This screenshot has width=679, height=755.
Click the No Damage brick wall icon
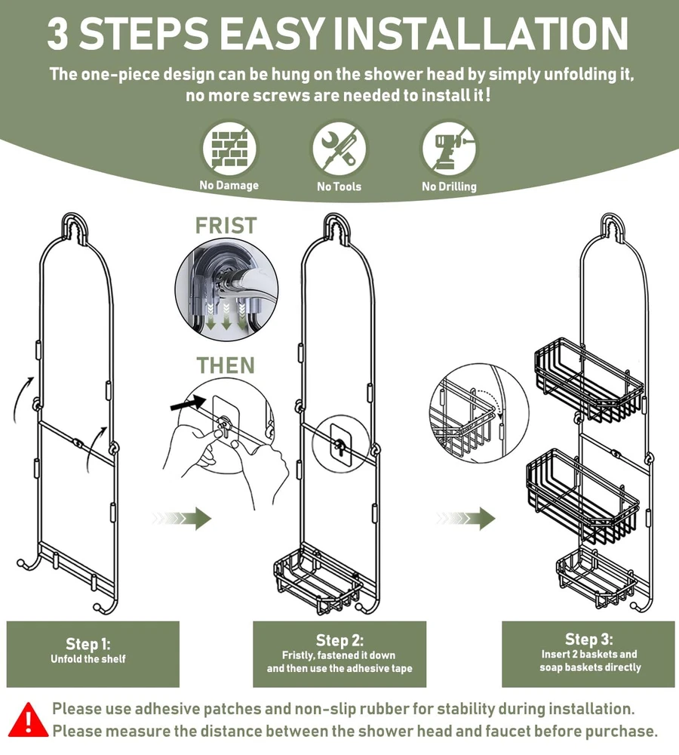pos(229,148)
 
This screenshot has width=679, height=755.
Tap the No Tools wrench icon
pos(339,148)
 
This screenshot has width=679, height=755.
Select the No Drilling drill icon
pos(449,148)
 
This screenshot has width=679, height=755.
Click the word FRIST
pos(226,225)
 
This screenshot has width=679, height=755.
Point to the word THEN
pos(226,365)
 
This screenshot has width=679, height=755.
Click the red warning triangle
pos(29,720)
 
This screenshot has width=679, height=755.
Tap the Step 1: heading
pos(88,644)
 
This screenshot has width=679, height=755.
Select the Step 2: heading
pos(339,640)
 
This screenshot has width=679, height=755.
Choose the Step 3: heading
pos(589,639)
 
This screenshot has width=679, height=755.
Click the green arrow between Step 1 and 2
pos(182,518)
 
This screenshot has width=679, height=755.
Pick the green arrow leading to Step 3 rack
pos(465,518)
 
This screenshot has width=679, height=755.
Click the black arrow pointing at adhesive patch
pos(188,403)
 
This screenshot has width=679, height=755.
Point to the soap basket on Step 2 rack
pos(318,580)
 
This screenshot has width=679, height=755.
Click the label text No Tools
pos(339,186)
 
